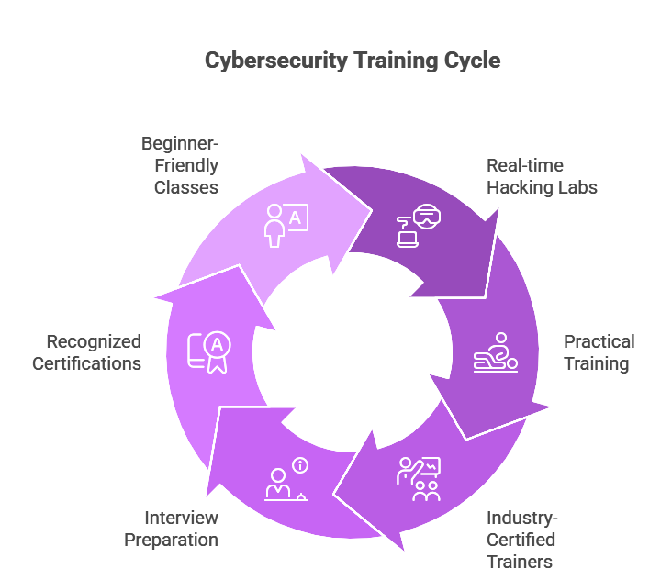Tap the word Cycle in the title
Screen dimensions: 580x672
[x=471, y=61]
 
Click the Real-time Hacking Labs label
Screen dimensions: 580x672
[x=542, y=177]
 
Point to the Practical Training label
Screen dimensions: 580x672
[x=599, y=352]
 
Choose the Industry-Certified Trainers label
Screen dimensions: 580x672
[x=521, y=540]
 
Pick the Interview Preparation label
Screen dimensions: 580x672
[x=172, y=529]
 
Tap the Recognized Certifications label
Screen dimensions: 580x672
[x=87, y=352]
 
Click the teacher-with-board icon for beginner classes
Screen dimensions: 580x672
[x=286, y=224]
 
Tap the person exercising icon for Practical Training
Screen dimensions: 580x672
[x=496, y=352]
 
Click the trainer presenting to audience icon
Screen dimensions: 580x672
[x=419, y=478]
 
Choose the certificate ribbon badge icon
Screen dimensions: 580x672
[x=209, y=351]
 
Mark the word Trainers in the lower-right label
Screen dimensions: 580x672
[x=520, y=561]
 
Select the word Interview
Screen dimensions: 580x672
[x=181, y=519]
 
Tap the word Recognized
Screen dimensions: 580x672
[x=94, y=342]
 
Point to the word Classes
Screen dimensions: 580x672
[x=186, y=187]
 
